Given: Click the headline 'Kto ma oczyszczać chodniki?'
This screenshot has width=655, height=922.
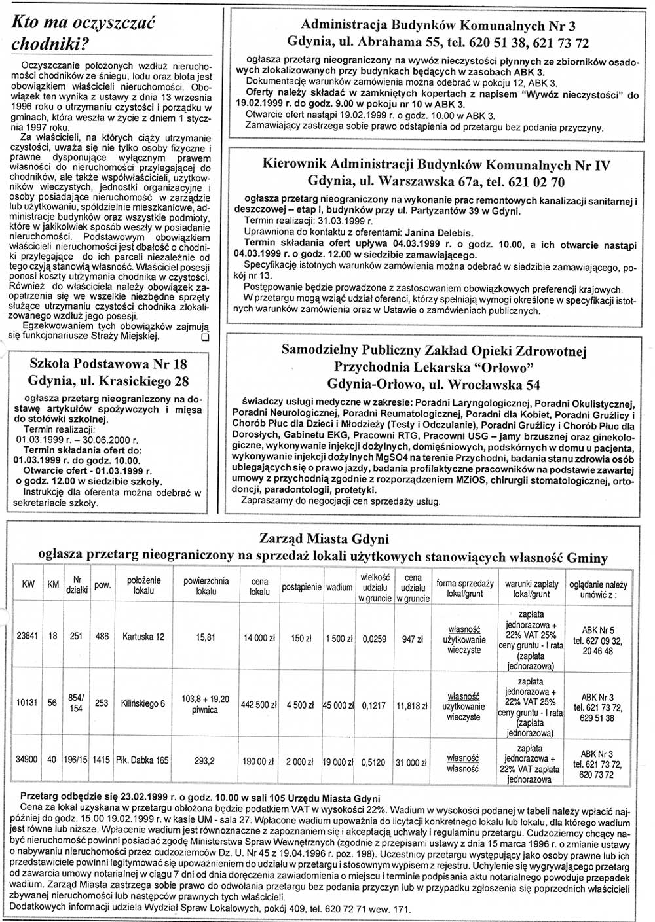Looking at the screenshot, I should coord(84,33).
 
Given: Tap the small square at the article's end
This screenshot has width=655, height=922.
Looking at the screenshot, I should coord(204,337).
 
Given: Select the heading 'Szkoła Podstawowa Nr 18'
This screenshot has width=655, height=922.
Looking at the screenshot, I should coord(108,364).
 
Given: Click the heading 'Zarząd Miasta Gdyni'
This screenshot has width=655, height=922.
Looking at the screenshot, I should coord(324,539).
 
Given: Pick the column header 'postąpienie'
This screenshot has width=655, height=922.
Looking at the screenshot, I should coord(301,587).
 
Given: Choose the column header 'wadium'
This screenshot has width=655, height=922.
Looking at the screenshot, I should coord(339,587).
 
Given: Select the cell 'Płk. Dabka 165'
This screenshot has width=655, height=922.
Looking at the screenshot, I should coord(143,760).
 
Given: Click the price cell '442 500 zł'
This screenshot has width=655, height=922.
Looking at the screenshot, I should coord(259,706).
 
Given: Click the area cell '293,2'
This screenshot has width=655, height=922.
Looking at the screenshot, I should coord(206,761).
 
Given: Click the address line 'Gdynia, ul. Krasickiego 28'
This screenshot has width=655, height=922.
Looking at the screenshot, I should coord(108,381).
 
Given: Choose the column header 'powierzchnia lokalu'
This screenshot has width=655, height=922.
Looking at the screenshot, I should coord(206,586).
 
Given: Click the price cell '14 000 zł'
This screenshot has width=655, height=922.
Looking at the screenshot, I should coord(259,638).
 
